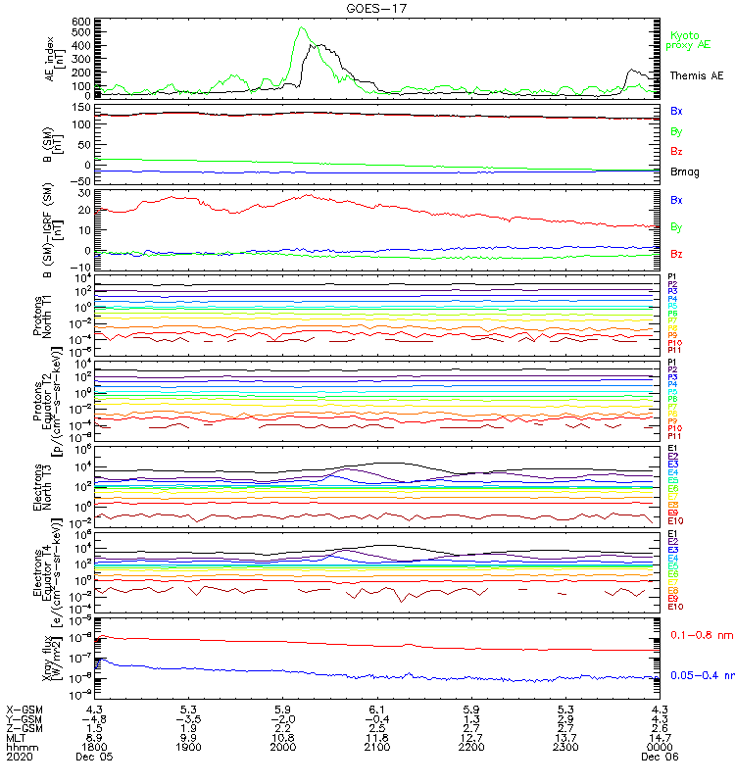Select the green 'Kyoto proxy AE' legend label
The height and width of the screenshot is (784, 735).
[686, 40]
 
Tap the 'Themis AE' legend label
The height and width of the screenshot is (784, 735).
[696, 75]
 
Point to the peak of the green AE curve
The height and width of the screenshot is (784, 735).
[302, 28]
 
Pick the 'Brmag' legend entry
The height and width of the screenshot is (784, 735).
[683, 171]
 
